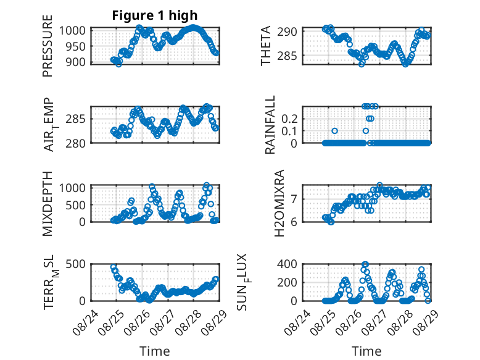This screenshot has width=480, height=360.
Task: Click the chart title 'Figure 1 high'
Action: pyautogui.click(x=155, y=15)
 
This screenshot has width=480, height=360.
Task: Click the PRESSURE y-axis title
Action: pyautogui.click(x=48, y=46)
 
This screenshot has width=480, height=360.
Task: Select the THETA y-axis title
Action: pyautogui.click(x=266, y=46)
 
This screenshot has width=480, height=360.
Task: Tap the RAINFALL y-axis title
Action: pyautogui.click(x=270, y=125)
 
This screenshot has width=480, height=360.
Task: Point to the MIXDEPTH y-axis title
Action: pyautogui.click(x=48, y=204)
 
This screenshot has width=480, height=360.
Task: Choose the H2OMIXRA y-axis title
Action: pyautogui.click(x=279, y=203)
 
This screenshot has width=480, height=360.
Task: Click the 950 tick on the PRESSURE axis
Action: pyautogui.click(x=77, y=46)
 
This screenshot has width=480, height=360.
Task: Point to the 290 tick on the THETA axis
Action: pyautogui.click(x=287, y=31)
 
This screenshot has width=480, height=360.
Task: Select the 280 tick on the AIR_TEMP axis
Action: pyautogui.click(x=76, y=143)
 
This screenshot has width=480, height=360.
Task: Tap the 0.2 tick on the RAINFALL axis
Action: pyautogui.click(x=289, y=119)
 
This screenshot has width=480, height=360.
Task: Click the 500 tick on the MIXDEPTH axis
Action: pyautogui.click(x=77, y=205)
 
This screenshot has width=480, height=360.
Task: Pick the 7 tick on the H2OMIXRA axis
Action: pyautogui.click(x=294, y=199)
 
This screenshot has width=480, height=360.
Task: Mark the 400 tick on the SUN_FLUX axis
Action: pyautogui.click(x=287, y=264)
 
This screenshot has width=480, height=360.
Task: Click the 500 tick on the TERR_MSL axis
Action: pyautogui.click(x=76, y=264)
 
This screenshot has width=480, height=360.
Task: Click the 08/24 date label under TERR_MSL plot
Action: pyautogui.click(x=86, y=322)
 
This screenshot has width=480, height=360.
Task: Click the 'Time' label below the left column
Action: pyautogui.click(x=155, y=351)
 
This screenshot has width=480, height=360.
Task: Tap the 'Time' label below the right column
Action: pyautogui.click(x=366, y=351)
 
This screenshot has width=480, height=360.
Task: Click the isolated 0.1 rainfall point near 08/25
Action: pyautogui.click(x=334, y=131)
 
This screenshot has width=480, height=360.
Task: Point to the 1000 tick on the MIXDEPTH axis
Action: pyautogui.click(x=72, y=188)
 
